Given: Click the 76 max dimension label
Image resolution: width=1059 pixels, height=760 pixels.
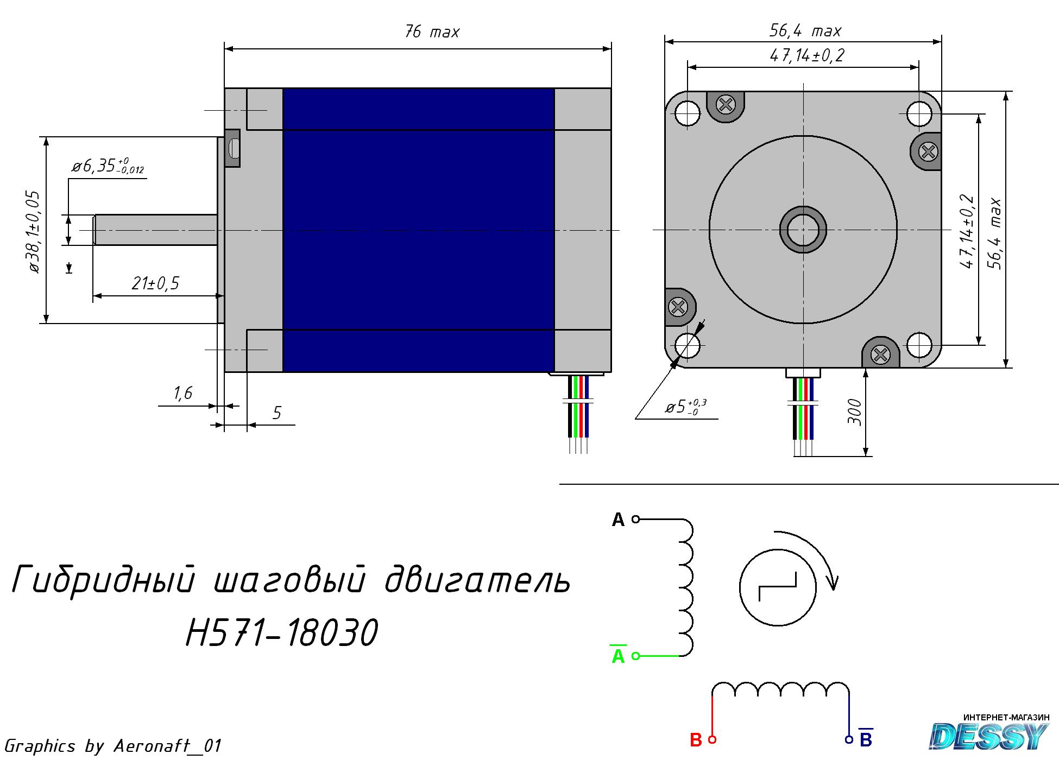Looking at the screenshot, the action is [432, 32].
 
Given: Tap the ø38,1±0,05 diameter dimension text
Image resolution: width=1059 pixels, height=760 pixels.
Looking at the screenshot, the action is [33, 232].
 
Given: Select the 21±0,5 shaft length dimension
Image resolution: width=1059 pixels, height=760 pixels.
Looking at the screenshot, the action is [155, 283].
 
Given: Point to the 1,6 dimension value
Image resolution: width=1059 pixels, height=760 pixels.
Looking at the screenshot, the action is [184, 392].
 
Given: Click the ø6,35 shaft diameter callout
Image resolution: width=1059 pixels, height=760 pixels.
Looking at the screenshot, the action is [108, 166].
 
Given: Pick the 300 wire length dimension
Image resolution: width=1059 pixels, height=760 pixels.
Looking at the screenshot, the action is [854, 412].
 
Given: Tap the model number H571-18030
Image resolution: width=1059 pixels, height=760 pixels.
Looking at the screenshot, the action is [282, 632].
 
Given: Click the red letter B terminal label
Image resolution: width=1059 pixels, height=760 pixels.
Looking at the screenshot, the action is [696, 740].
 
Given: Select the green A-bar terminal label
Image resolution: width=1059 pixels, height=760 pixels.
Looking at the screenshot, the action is [618, 655].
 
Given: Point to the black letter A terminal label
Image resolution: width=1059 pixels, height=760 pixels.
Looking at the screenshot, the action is [618, 520].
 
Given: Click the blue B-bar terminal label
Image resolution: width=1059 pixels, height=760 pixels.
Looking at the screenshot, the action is [866, 738].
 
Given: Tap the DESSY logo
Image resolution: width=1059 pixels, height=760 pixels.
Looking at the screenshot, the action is [989, 734].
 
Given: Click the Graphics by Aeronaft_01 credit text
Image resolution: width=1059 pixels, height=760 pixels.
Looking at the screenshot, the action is [112, 746].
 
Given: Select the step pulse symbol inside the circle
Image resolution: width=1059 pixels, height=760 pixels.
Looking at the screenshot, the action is [778, 587].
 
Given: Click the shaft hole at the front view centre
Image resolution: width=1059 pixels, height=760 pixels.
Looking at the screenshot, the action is [803, 230].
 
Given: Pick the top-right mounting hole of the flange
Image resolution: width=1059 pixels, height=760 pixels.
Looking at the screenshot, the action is [919, 113].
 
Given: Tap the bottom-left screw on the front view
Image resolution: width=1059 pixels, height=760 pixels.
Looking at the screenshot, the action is [678, 307].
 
